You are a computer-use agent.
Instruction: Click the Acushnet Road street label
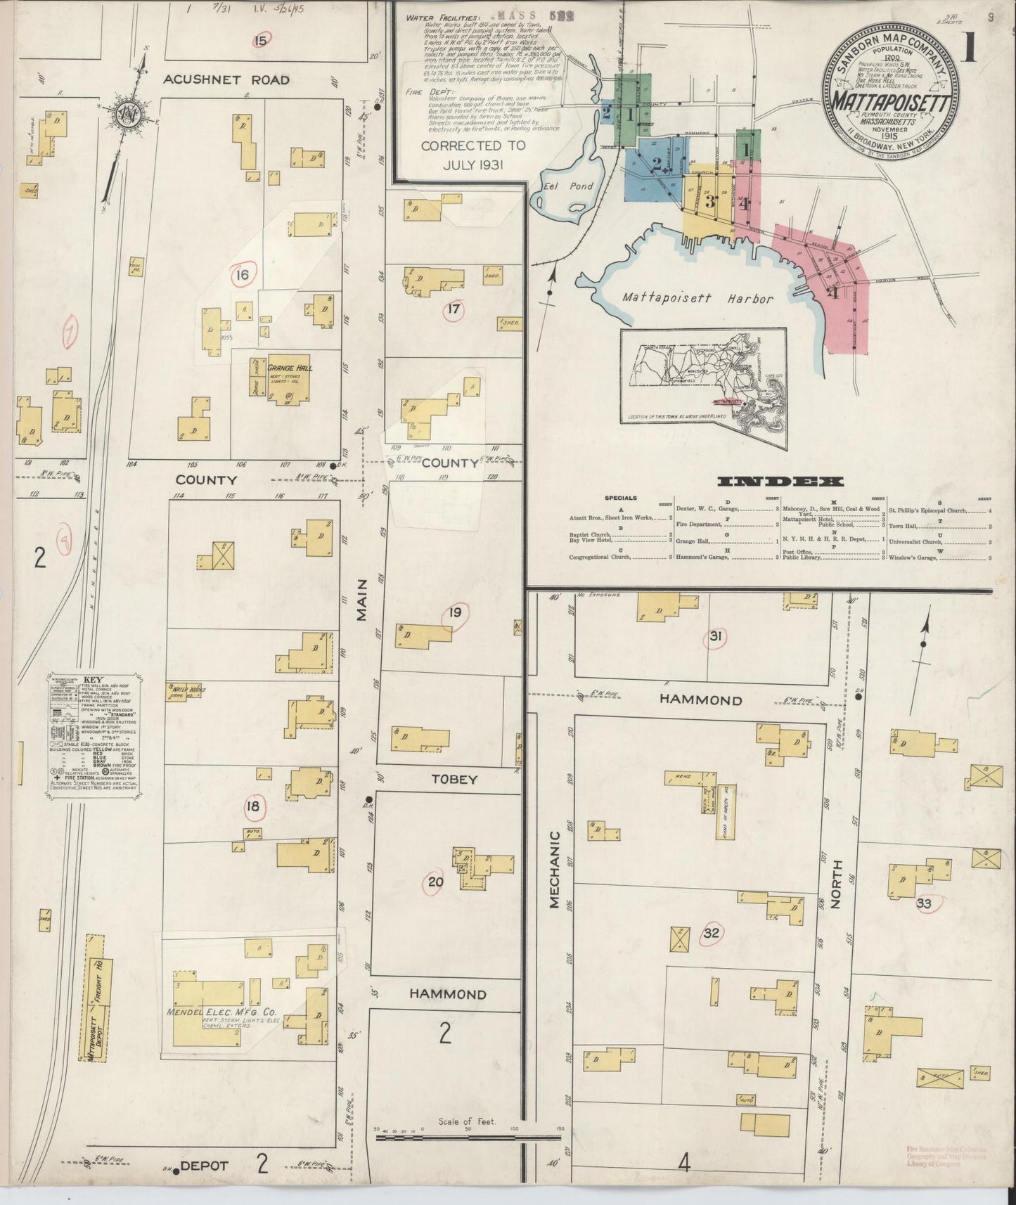(226, 79)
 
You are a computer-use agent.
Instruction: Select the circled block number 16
(242, 275)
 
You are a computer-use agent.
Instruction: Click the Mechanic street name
(554, 870)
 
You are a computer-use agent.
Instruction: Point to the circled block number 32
(712, 934)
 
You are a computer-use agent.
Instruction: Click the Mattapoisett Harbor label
(697, 298)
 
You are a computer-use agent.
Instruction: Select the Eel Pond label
(569, 186)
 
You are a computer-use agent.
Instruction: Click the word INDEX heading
(780, 482)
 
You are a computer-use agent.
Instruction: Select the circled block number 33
(923, 903)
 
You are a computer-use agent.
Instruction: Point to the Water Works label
(189, 691)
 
